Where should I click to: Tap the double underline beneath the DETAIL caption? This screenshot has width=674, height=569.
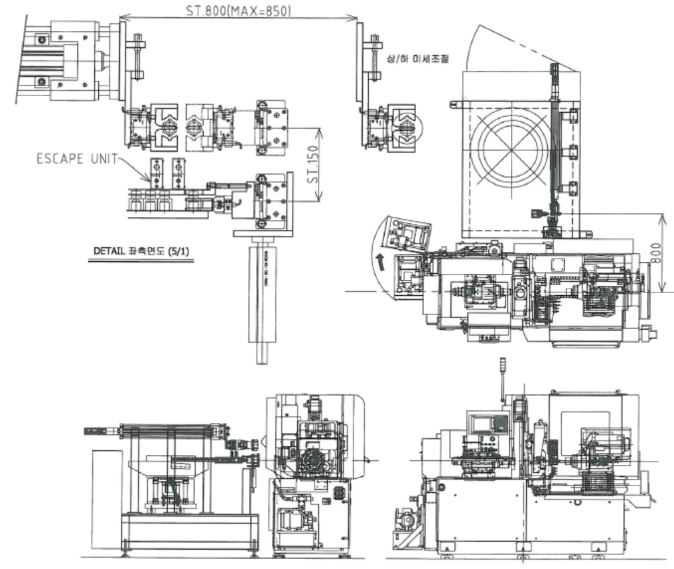point(141,262)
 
